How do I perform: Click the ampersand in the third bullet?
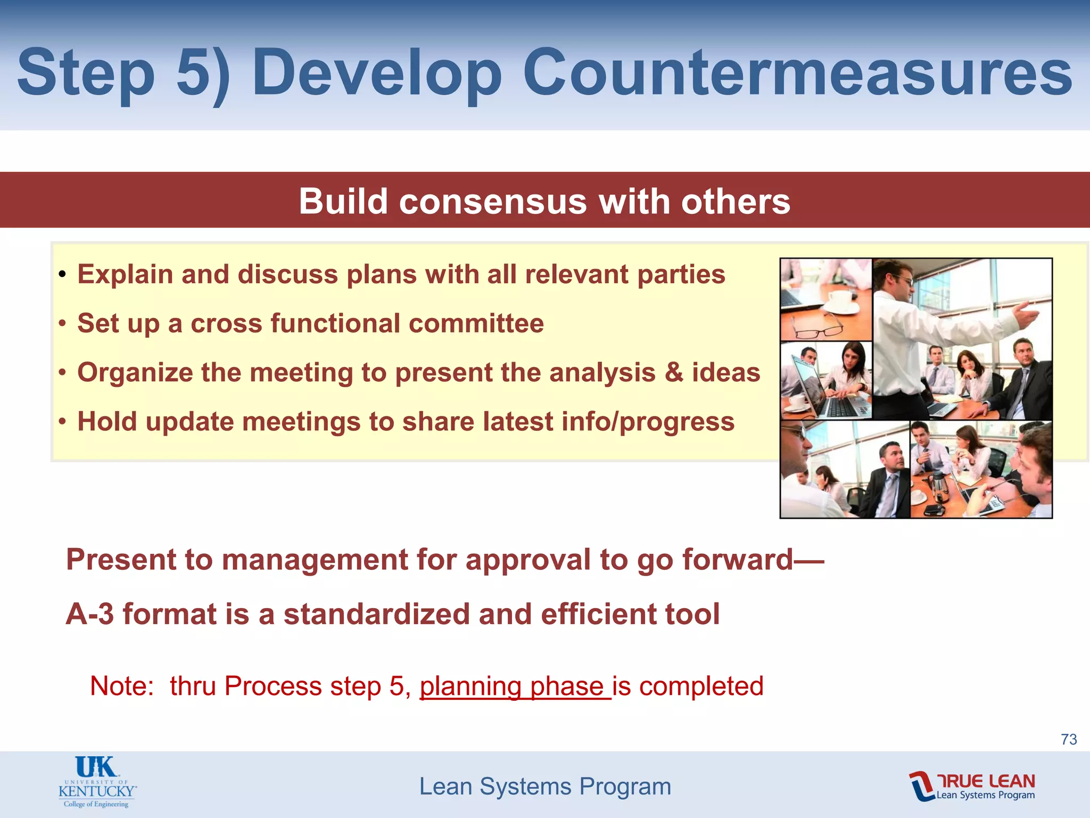pos(674,372)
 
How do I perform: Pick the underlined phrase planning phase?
pos(514,686)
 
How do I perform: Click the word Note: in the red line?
pos(122,686)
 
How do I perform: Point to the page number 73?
pos(1069,739)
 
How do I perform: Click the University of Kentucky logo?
pos(97,781)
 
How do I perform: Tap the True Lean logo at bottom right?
pos(972,786)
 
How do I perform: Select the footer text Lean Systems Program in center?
pos(545,787)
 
